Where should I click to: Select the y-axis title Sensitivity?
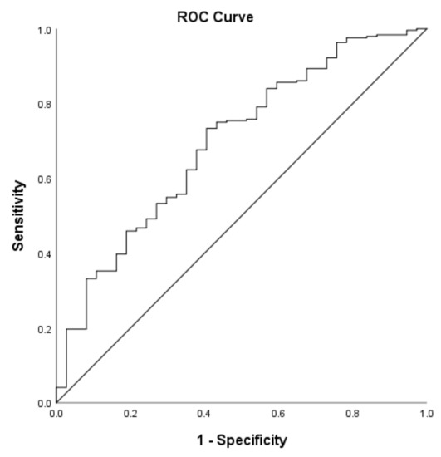tap(18, 217)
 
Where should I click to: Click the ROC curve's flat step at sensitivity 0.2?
tap(76, 329)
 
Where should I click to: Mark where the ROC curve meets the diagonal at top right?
tap(426, 29)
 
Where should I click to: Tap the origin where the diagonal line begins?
tap(56, 403)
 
